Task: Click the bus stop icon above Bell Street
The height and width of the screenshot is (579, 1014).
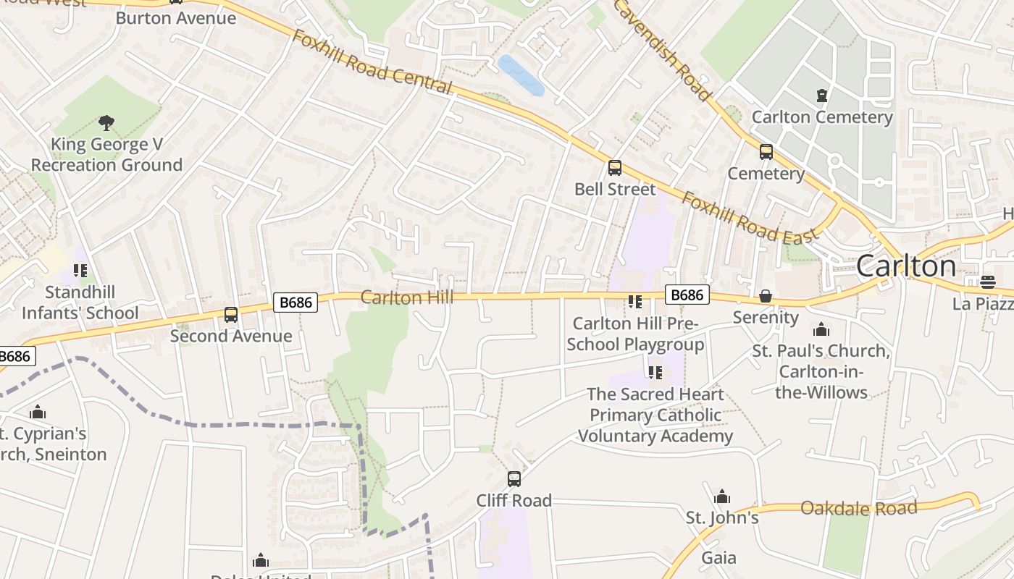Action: (x=615, y=168)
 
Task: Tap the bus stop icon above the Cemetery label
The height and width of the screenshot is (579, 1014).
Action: (x=766, y=152)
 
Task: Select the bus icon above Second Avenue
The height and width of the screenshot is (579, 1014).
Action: (x=231, y=315)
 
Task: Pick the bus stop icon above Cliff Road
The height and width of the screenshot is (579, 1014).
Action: (x=514, y=478)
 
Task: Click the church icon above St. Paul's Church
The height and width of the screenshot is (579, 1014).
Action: (x=821, y=330)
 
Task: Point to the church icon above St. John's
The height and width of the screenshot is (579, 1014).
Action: (x=721, y=497)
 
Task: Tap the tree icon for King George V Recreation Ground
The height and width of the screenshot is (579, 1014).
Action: (x=106, y=123)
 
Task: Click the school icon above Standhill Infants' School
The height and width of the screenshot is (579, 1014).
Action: (x=80, y=271)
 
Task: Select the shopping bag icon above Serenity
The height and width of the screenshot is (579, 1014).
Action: (x=765, y=297)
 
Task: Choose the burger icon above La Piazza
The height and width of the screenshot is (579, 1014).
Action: (x=988, y=282)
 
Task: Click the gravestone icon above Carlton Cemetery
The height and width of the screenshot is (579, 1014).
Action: (x=821, y=96)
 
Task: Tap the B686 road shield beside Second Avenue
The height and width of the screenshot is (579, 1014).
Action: (x=296, y=303)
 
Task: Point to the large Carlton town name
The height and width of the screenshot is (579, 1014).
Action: (x=905, y=266)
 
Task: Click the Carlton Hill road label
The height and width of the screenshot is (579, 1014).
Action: (x=406, y=297)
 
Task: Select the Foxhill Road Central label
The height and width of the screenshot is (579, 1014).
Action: (x=372, y=62)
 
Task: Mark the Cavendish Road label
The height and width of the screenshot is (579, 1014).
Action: (x=661, y=49)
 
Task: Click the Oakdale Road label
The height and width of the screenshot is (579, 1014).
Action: (x=858, y=507)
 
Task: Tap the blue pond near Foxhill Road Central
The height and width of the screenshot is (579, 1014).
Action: (x=521, y=75)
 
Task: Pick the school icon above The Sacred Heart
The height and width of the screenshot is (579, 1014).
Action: (x=655, y=373)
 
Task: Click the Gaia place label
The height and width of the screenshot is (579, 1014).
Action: (x=718, y=558)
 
